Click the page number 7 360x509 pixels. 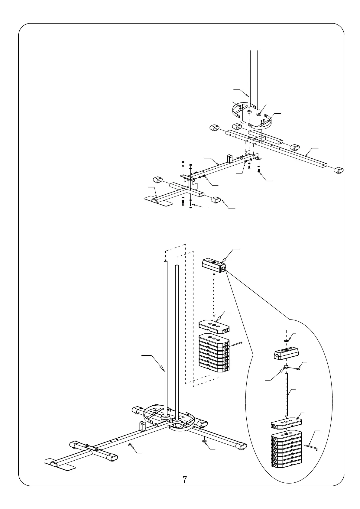(184, 480)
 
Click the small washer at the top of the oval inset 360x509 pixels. (286, 340)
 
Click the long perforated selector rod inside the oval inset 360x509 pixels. (286, 393)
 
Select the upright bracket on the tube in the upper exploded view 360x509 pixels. (229, 159)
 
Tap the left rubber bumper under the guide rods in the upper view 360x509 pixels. (249, 112)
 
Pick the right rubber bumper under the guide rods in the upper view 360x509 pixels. (259, 114)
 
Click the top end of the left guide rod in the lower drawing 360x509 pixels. (165, 262)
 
